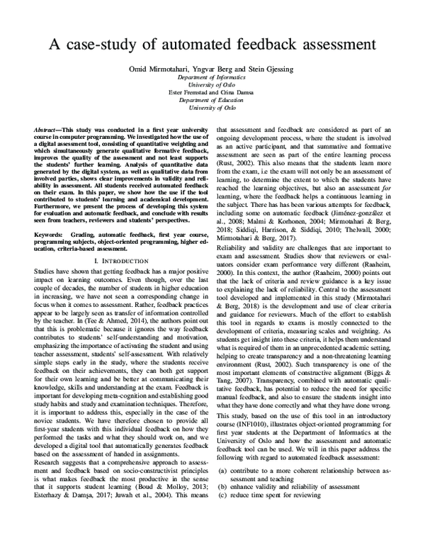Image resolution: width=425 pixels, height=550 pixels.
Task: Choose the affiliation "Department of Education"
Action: pos(212,101)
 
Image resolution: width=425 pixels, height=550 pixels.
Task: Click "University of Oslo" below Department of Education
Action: pos(212,109)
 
